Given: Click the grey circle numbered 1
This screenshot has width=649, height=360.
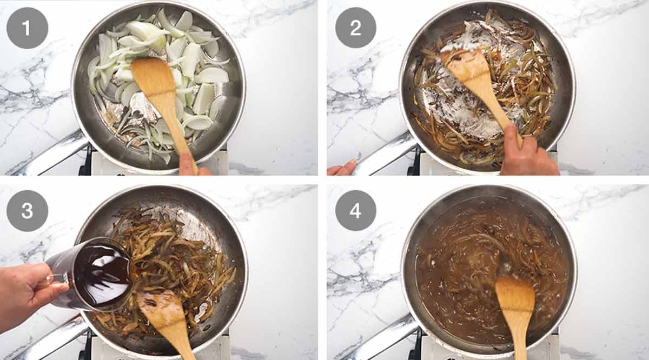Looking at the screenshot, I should click(x=27, y=28).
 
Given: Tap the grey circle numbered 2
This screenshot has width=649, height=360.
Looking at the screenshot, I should click(x=355, y=28).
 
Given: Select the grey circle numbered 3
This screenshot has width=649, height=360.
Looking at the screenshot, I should click(x=27, y=211).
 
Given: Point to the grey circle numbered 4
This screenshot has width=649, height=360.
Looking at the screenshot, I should click(x=355, y=211).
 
